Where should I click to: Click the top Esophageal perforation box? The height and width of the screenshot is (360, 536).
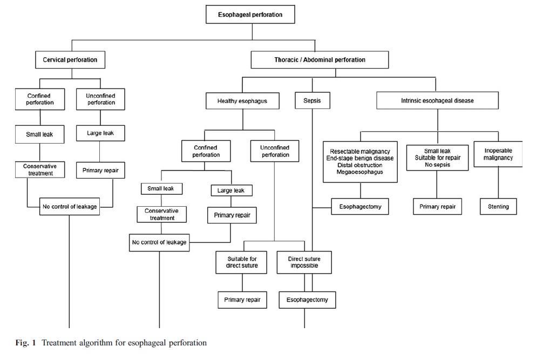tap(250, 15)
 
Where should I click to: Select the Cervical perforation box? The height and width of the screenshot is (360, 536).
tap(70, 59)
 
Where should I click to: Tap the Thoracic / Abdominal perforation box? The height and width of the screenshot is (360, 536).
tap(320, 59)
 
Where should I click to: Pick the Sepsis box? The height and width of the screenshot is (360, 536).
tap(312, 100)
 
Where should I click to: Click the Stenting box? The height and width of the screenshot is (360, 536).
tap(498, 207)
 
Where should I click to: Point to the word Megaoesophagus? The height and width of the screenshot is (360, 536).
tap(360, 172)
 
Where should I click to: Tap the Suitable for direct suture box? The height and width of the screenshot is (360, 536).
tap(242, 262)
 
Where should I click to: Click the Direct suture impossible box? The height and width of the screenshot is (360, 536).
tap(304, 262)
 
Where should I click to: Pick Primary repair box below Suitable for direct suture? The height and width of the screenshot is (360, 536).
tap(242, 300)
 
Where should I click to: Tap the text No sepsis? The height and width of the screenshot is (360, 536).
tap(438, 165)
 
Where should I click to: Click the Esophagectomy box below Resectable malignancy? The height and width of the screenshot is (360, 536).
tap(359, 207)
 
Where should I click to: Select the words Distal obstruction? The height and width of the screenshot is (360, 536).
tap(360, 165)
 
